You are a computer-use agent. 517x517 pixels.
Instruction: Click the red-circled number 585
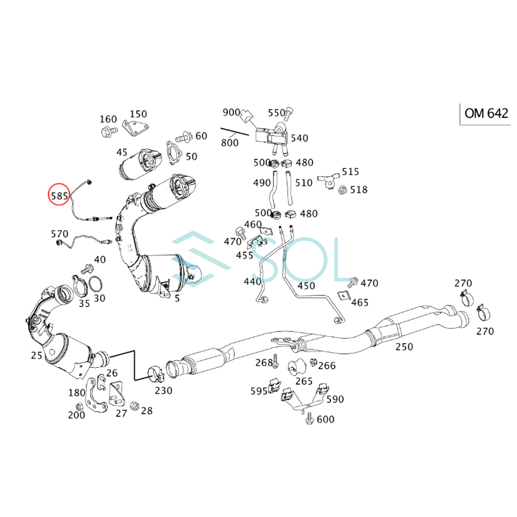tap(59, 196)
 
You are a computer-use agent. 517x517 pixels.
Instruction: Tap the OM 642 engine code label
tap(486, 113)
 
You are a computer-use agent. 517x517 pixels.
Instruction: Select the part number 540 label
tap(299, 138)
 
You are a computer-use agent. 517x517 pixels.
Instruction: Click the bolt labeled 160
tap(109, 132)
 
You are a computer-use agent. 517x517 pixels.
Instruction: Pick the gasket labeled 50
tap(174, 153)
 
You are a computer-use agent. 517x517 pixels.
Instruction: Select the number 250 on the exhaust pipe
tap(404, 347)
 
